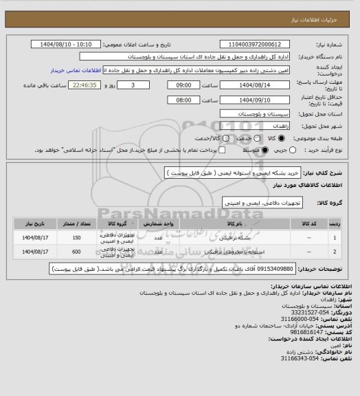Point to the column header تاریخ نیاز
pyautogui.click(x=31, y=224)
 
